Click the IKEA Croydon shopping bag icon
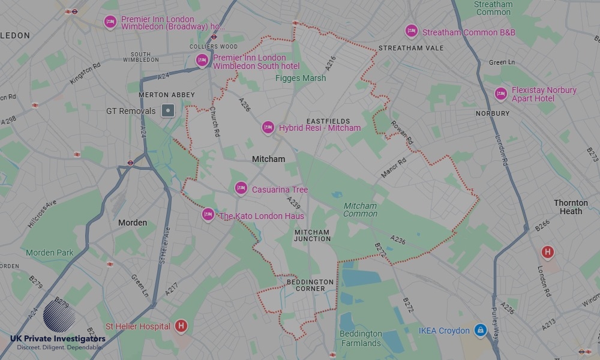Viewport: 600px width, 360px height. [x=479, y=331]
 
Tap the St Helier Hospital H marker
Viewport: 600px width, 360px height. [x=181, y=326]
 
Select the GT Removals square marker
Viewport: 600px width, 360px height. [x=169, y=110]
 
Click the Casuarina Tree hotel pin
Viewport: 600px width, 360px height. [x=241, y=188]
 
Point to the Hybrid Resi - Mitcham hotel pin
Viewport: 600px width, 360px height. [x=268, y=127]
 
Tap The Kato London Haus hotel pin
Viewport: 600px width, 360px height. [x=208, y=215]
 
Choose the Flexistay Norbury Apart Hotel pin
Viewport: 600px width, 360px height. [x=500, y=94]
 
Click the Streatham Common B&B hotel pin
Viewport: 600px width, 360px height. [x=411, y=31]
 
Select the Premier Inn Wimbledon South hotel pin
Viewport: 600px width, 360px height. [x=202, y=60]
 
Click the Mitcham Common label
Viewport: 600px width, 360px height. [x=360, y=209]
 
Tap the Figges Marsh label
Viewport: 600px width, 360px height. [x=301, y=78]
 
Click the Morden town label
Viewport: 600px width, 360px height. [x=133, y=223]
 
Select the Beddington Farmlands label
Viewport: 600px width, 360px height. [x=360, y=338]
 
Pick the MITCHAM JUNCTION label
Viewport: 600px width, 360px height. [x=312, y=235]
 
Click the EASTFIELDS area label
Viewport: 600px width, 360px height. [x=328, y=121]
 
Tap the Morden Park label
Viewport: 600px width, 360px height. [x=49, y=253]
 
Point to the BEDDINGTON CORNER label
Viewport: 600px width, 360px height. [x=310, y=285]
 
